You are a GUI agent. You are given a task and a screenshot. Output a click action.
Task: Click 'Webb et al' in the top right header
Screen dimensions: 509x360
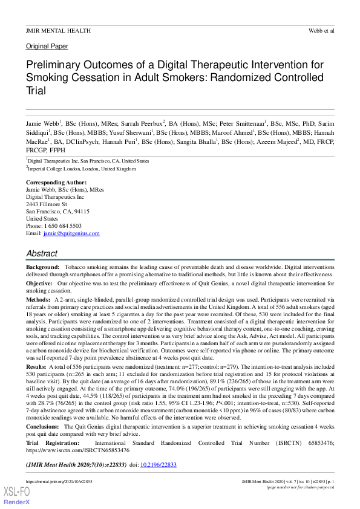(321, 30)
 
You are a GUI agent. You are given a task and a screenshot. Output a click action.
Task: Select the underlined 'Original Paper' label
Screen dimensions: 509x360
(47, 46)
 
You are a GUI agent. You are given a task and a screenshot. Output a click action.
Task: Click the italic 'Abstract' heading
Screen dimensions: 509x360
(42, 253)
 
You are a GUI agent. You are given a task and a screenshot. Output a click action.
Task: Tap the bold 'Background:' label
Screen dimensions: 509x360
(42, 267)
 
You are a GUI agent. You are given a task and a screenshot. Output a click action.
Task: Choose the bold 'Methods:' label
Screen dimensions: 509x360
(38, 299)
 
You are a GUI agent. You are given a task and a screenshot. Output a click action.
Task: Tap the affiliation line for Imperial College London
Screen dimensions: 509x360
(82, 169)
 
